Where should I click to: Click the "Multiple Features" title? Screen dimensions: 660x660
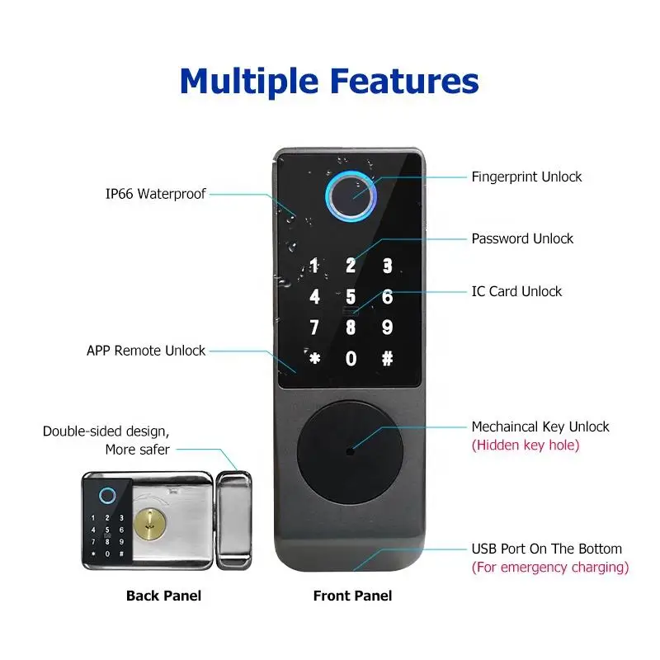[x=329, y=82]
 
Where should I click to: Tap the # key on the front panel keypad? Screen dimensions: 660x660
[x=387, y=359]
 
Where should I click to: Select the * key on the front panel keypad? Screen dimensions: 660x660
[x=314, y=359]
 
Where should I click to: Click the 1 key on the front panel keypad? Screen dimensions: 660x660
[x=314, y=266]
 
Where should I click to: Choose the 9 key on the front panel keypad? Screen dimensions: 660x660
[x=387, y=328]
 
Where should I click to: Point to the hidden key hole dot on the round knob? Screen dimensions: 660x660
[x=350, y=451]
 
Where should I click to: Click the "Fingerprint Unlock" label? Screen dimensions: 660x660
[x=526, y=177]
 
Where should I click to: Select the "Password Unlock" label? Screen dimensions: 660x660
[x=522, y=238]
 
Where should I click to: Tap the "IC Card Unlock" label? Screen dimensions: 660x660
[x=516, y=291]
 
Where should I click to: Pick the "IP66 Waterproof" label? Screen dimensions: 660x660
[x=155, y=194]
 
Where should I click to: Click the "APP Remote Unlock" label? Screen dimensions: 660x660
[x=146, y=350]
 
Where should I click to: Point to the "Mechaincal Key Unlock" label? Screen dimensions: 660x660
[x=540, y=427]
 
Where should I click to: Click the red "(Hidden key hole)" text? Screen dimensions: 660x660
[x=526, y=445]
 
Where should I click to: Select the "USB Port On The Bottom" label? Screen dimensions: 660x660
[x=547, y=549]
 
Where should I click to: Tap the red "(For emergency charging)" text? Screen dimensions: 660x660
[x=550, y=568]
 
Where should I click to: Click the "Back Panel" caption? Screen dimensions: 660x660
[x=163, y=596]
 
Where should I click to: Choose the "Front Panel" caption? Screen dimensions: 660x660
[x=352, y=596]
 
